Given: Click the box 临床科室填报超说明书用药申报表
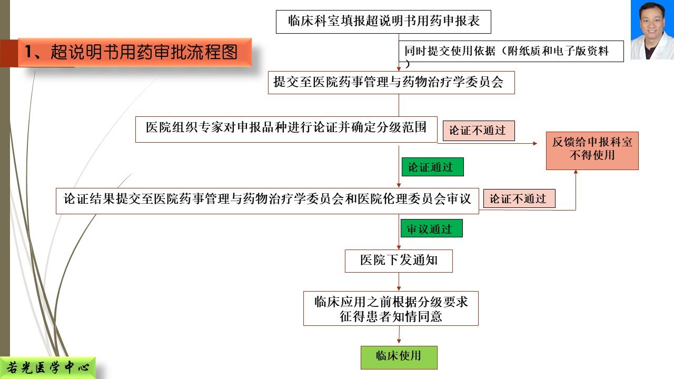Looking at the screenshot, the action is click(x=383, y=22).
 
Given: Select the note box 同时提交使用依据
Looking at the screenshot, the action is click(x=511, y=51).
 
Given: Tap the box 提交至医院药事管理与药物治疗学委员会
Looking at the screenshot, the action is click(x=391, y=83).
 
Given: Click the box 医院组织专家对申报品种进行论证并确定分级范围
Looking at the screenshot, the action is click(x=286, y=129).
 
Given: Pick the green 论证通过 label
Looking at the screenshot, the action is click(x=433, y=167).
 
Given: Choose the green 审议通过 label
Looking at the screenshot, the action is click(x=431, y=228).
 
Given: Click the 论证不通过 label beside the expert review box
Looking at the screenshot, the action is click(x=479, y=131).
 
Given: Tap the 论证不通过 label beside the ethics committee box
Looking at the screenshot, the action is click(x=519, y=198).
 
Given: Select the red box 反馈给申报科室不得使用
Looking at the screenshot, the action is click(x=592, y=151).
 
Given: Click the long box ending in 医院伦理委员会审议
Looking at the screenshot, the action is click(x=267, y=201).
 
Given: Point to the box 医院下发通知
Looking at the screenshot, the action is click(x=399, y=261).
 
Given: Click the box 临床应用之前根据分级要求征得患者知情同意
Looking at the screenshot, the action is click(x=391, y=308).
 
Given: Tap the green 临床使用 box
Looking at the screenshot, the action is click(x=399, y=357).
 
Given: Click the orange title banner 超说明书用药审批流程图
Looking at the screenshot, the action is click(x=135, y=52).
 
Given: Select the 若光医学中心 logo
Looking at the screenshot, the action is click(x=47, y=368).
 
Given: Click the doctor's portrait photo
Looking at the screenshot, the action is click(x=652, y=30).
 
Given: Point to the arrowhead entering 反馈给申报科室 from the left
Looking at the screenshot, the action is click(x=535, y=144).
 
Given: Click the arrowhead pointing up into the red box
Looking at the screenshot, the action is click(x=576, y=172).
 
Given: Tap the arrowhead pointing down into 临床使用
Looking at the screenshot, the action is click(x=399, y=341).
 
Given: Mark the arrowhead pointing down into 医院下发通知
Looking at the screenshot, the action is click(x=399, y=247).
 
